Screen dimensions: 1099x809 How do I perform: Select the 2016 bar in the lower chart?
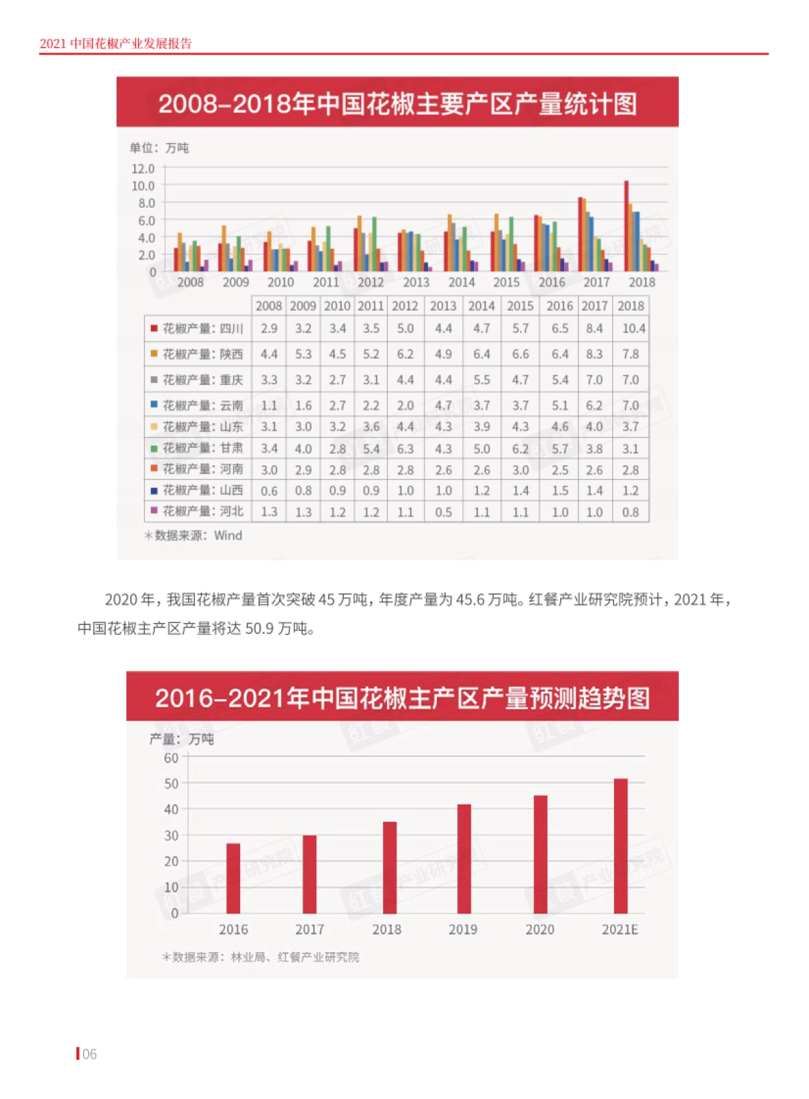pos(233,878)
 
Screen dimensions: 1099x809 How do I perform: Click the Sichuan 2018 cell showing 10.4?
pos(633,328)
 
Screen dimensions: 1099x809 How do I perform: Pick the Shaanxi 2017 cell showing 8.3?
pos(594,354)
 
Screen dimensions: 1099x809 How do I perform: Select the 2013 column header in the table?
pos(443,305)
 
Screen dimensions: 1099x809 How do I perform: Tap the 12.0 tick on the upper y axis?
pos(143,169)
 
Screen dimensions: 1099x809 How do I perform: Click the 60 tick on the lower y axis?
pos(171,758)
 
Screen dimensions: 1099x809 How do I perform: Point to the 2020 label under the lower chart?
pos(539,929)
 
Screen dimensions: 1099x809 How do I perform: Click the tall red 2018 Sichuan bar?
pos(626,226)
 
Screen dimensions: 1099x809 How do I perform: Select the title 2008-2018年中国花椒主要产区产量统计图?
pos(397,104)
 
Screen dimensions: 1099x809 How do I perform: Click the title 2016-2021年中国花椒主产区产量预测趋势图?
pos(402,698)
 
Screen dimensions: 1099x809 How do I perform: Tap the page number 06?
pos(89,1054)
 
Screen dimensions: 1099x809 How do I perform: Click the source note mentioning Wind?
pos(193,535)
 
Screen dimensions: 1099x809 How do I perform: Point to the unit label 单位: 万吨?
pos(160,148)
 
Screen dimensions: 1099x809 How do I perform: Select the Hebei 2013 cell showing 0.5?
pos(443,512)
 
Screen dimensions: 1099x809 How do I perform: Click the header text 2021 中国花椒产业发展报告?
pos(116,44)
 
